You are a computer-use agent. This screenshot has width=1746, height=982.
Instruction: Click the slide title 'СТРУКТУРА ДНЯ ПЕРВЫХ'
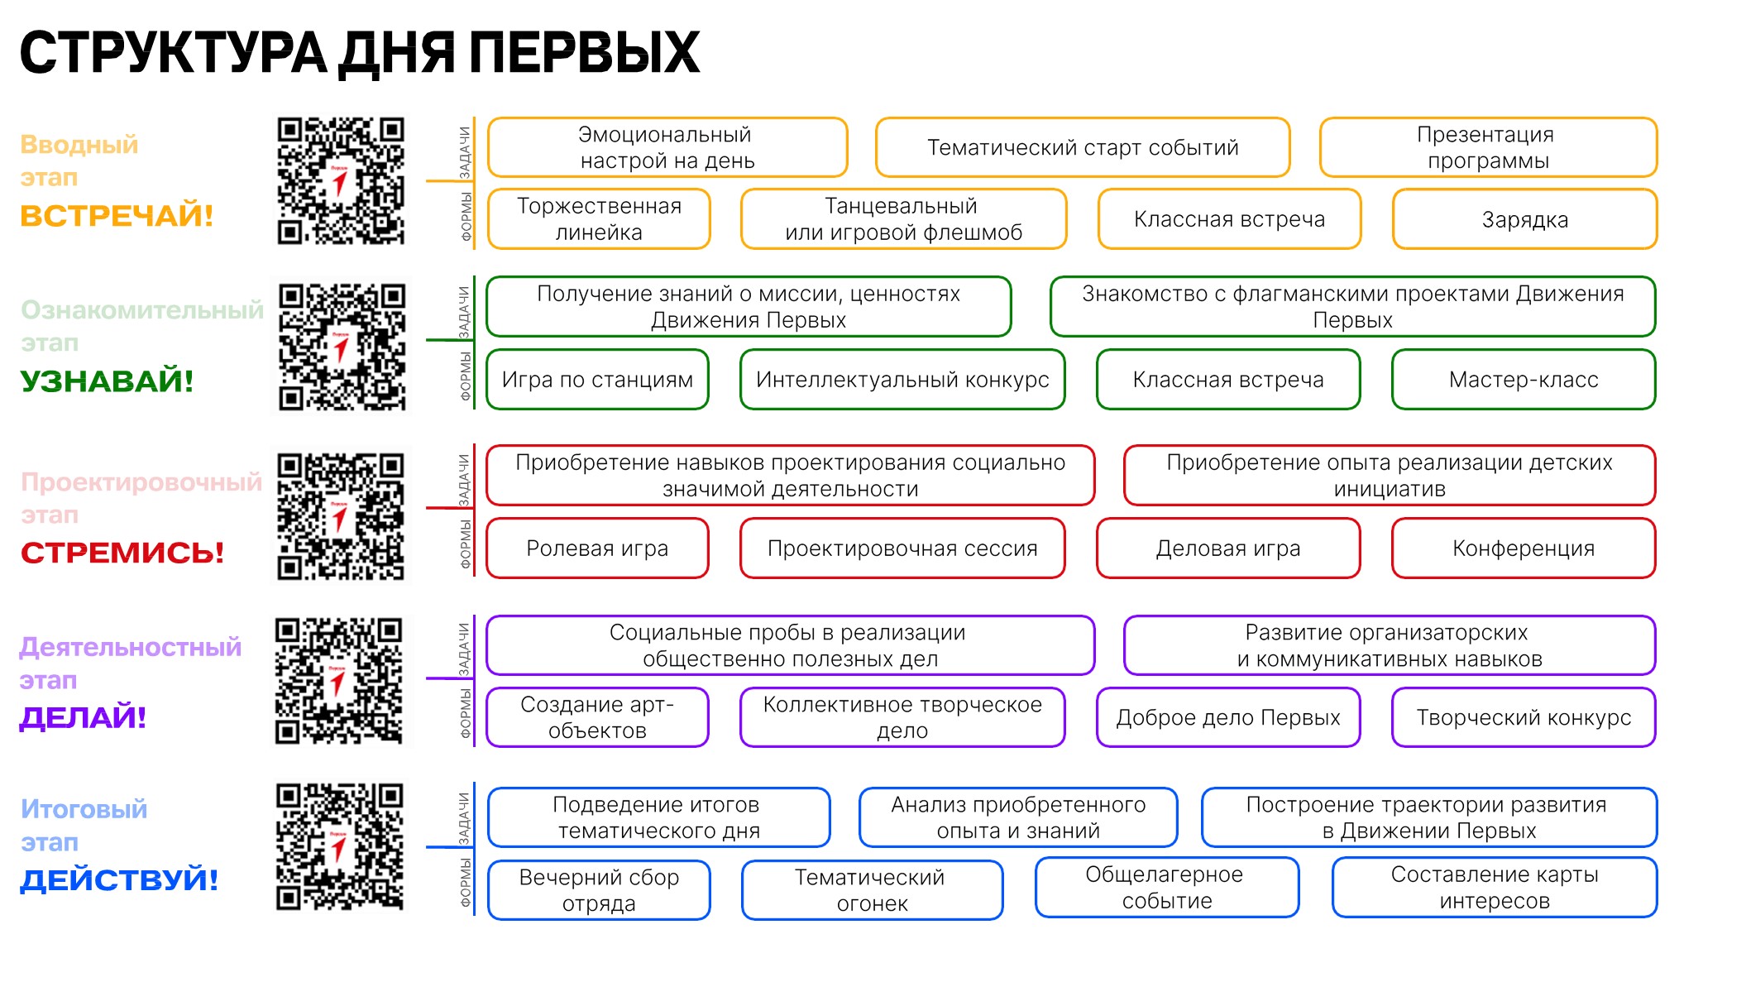[360, 53]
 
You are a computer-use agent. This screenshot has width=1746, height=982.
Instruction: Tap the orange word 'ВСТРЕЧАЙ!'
[117, 216]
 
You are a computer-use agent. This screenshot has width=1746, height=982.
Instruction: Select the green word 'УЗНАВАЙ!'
[107, 381]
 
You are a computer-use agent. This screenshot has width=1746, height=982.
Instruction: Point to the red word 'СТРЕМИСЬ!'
[122, 553]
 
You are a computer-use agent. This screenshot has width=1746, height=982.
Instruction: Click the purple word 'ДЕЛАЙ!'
[83, 717]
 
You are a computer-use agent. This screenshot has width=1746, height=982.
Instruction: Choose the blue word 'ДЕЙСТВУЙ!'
[119, 880]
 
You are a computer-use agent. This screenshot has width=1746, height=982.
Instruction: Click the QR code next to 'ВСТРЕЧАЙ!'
[341, 181]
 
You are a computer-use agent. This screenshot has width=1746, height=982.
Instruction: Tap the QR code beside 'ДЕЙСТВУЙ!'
[340, 846]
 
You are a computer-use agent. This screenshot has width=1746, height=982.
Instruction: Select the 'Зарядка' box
[1524, 219]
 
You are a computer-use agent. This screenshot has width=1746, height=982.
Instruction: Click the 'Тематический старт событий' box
[1083, 147]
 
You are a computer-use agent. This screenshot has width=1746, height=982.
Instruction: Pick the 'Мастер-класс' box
[1524, 380]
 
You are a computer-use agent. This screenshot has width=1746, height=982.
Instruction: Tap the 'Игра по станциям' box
[597, 380]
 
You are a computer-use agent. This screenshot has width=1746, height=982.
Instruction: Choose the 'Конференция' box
[1524, 548]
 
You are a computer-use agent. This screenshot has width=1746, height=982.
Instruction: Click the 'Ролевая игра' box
[597, 548]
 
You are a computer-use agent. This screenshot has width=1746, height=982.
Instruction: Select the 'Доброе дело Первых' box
[1228, 717]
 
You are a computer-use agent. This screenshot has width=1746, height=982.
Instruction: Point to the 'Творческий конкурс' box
[1524, 717]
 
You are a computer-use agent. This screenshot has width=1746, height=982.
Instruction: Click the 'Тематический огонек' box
[873, 890]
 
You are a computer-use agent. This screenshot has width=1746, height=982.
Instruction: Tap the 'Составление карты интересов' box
[1495, 888]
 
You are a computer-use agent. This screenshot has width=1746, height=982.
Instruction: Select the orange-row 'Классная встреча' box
[1229, 219]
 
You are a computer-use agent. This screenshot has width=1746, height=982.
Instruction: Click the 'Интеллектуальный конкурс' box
[902, 380]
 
